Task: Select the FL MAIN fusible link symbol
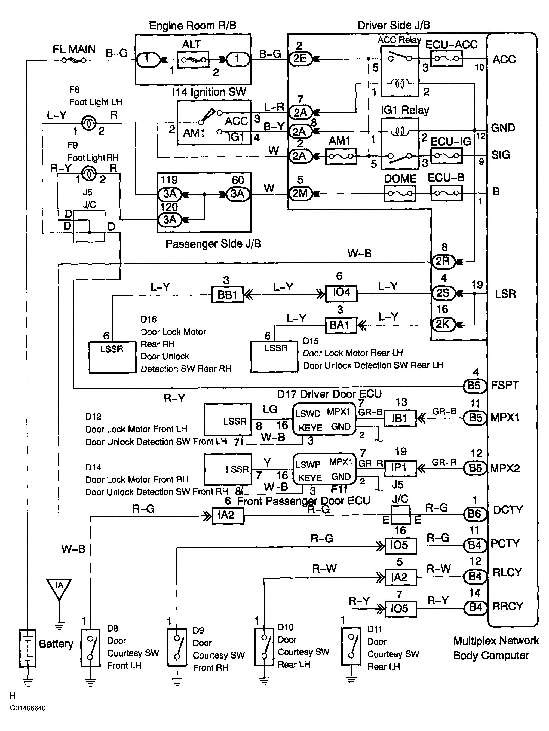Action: [x=74, y=60]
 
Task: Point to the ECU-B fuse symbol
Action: [x=447, y=193]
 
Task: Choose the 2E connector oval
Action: [x=300, y=59]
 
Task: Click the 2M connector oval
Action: [x=300, y=193]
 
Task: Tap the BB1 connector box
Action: [x=227, y=294]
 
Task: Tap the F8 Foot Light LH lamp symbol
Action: [x=88, y=123]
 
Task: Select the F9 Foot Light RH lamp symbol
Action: [x=88, y=173]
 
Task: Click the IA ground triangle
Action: [x=59, y=589]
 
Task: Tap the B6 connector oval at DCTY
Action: [x=475, y=513]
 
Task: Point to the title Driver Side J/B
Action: [x=394, y=25]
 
